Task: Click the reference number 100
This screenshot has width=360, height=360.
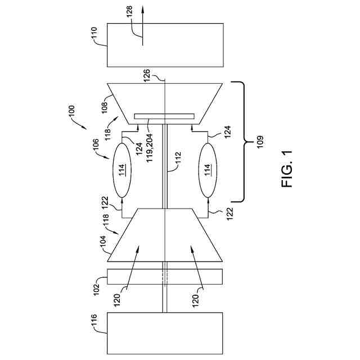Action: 71,111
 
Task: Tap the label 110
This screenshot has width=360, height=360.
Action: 94,34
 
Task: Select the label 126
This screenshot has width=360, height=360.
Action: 147,75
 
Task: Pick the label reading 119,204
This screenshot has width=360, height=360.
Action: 150,148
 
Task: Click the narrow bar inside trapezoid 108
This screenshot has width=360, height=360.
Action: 164,116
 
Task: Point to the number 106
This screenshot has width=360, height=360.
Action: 96,145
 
